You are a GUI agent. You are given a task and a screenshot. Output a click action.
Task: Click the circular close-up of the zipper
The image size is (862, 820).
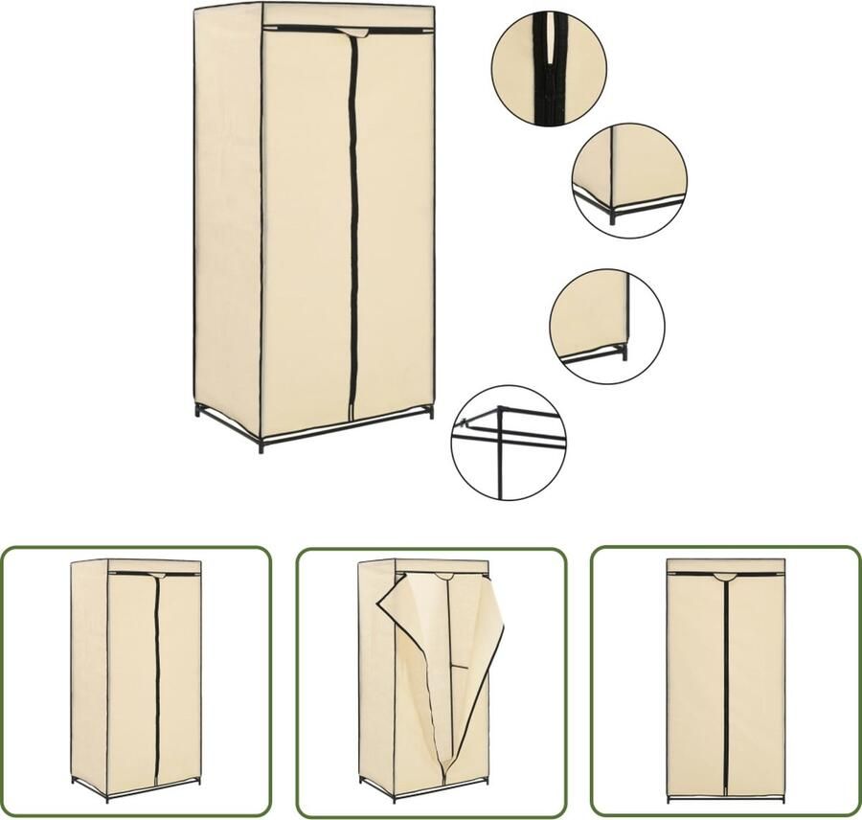pos(548,69)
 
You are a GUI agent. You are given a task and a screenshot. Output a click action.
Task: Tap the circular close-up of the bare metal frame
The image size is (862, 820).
pos(508,442)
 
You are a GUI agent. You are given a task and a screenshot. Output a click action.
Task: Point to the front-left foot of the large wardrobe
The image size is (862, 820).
pos(260,447)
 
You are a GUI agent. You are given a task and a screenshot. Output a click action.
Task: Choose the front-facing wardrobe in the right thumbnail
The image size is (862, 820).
pos(725,680)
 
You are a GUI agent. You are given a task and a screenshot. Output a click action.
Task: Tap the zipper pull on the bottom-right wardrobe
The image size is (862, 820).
pos(726,577)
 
